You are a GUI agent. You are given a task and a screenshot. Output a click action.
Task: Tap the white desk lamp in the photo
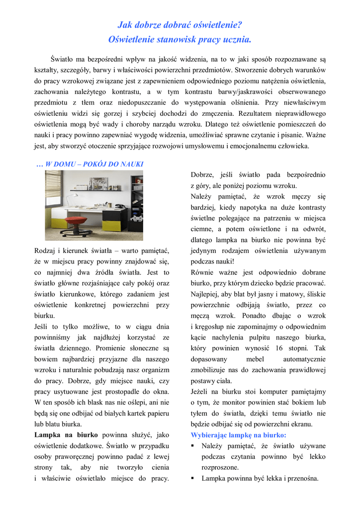(x=74, y=196)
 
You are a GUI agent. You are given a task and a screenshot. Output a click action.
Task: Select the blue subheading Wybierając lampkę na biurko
(x=242, y=434)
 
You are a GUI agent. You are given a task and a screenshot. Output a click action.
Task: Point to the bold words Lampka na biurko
(x=66, y=434)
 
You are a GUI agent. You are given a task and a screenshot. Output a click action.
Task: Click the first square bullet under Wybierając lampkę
(x=193, y=446)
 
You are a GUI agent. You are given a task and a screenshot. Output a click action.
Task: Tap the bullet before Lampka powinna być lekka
(x=193, y=479)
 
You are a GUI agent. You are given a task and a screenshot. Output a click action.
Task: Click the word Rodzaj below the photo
(x=46, y=251)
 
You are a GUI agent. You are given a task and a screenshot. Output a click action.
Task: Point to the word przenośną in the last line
(x=303, y=479)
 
